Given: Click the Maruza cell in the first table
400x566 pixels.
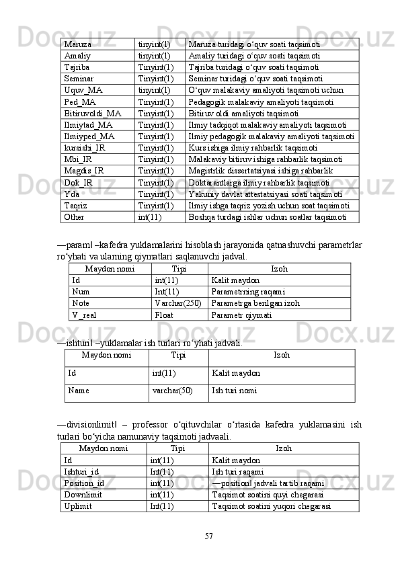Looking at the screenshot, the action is (x=78, y=44).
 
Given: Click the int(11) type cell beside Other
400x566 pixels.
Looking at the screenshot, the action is (x=150, y=217).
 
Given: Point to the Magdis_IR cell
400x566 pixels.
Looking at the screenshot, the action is (x=84, y=171).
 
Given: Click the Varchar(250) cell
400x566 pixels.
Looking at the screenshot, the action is (x=177, y=303).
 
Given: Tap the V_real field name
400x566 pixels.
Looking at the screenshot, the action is (x=83, y=315).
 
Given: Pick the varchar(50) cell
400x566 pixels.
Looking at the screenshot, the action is (x=172, y=390).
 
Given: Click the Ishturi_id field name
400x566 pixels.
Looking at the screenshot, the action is (x=81, y=472).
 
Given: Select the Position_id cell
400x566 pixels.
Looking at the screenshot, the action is (x=84, y=483).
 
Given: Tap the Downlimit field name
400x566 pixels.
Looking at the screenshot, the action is (x=83, y=495).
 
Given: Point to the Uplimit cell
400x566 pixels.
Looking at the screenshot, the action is (x=77, y=506).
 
